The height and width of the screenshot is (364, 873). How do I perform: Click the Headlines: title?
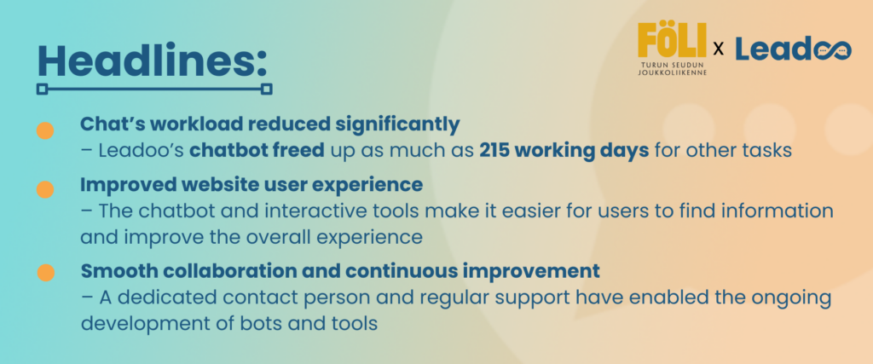click(x=152, y=61)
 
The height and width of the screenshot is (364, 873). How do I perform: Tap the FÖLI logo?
click(x=672, y=49)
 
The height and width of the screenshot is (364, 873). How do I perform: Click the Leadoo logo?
click(x=794, y=49)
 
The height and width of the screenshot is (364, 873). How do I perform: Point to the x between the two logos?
click(x=719, y=50)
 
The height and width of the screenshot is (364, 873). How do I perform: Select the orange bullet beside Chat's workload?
click(x=45, y=130)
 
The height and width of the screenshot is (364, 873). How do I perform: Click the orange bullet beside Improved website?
click(x=45, y=190)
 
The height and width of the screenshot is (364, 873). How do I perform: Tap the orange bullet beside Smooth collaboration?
click(x=46, y=273)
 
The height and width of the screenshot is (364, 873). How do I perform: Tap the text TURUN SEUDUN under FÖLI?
click(x=672, y=65)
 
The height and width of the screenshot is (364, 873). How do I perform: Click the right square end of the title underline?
click(x=267, y=89)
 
